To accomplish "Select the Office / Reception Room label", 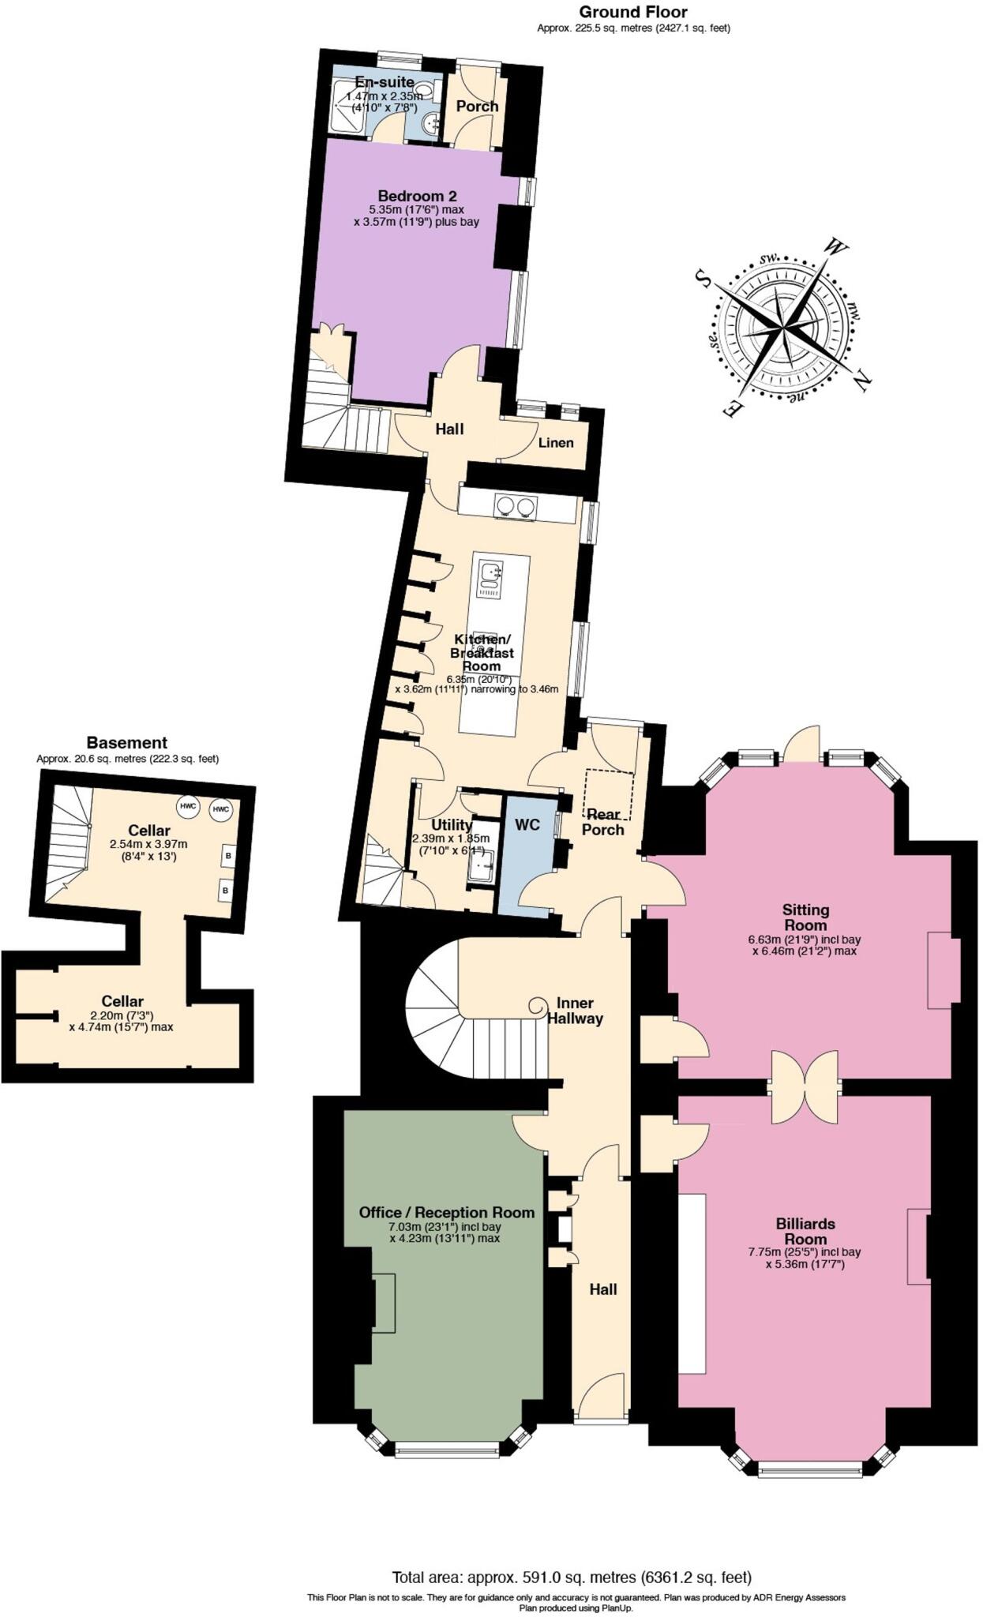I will pos(446,1213).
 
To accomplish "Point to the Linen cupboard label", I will pos(556,442).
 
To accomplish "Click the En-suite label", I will pos(385,82).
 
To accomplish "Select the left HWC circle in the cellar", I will pos(188,806).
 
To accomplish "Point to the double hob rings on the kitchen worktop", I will pos(512,505).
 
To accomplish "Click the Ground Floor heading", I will pos(632,12).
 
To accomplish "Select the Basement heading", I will pos(127,742).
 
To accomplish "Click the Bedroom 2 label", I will pos(417,196).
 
